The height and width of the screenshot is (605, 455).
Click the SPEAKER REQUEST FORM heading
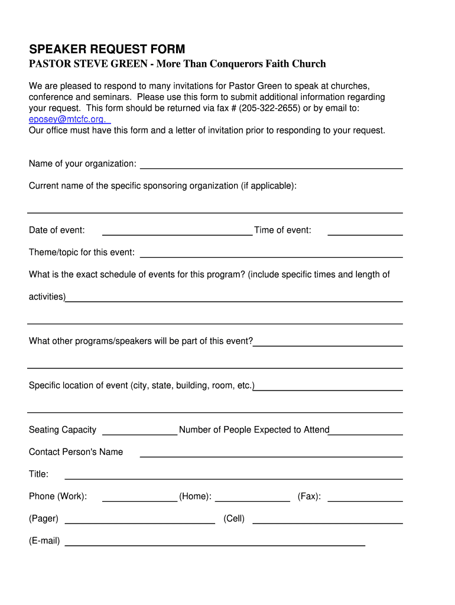(x=107, y=50)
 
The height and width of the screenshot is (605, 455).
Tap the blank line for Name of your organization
(x=271, y=165)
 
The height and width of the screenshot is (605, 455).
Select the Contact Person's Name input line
(x=271, y=453)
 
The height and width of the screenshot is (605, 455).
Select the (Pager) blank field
(x=139, y=520)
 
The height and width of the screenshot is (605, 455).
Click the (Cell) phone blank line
(x=327, y=520)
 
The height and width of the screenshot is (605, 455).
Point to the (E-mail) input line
(x=214, y=542)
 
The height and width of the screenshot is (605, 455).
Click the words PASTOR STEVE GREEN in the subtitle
(x=88, y=64)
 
